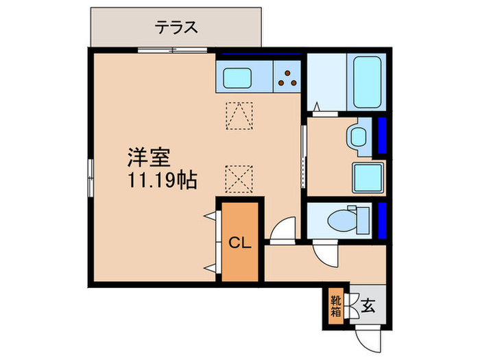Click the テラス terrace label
tap(176, 27)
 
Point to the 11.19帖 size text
tap(160, 181)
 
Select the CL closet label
tap(239, 243)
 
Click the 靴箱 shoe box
tap(335, 305)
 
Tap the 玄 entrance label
tap(368, 306)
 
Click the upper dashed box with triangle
tap(239, 115)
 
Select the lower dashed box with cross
tap(239, 179)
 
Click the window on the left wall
tap(89, 176)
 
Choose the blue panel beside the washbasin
tap(383, 135)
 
